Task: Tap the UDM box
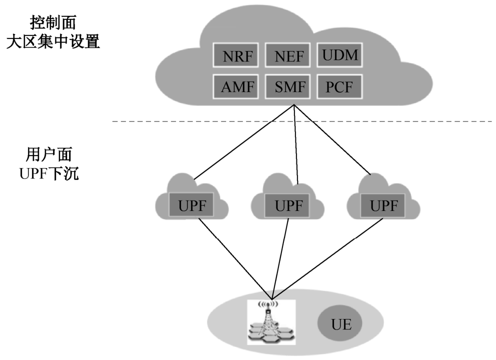point(339,55)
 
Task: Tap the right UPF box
point(384,205)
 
